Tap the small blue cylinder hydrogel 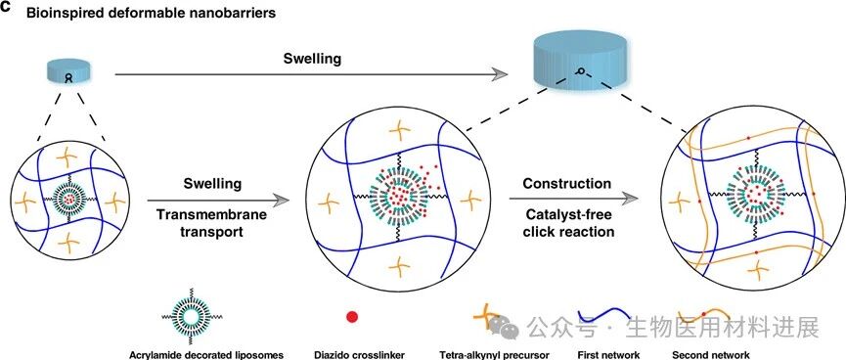click(68, 71)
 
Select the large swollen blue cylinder click(581, 59)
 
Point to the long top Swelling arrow click(312, 75)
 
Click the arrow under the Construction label click(573, 199)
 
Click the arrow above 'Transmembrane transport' click(218, 201)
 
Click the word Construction click(566, 184)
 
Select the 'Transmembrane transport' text click(212, 223)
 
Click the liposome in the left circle click(68, 200)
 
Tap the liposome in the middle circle click(396, 195)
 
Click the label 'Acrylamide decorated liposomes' click(206, 354)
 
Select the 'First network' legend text click(607, 354)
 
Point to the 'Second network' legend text click(711, 354)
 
